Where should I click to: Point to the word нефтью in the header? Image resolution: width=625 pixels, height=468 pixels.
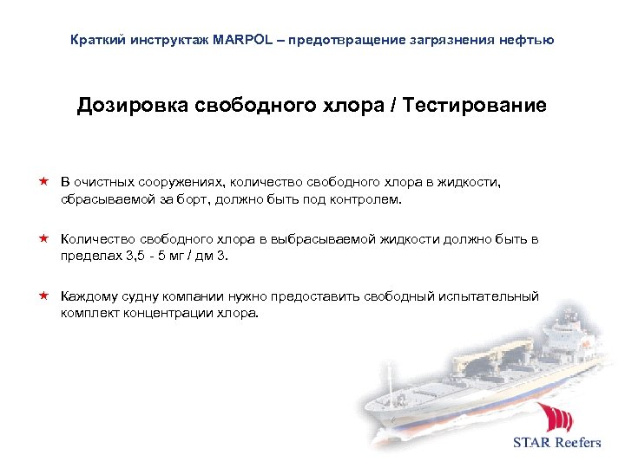pyautogui.click(x=525, y=41)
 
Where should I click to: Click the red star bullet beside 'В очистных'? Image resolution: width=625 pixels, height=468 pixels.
pyautogui.click(x=43, y=183)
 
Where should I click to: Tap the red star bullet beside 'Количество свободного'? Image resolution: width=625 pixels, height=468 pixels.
pyautogui.click(x=43, y=239)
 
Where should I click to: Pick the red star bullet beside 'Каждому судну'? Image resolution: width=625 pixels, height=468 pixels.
pyautogui.click(x=43, y=296)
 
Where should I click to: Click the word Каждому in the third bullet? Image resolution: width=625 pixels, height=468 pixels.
pyautogui.click(x=89, y=296)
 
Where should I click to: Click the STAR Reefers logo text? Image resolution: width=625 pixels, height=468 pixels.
pyautogui.click(x=556, y=442)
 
